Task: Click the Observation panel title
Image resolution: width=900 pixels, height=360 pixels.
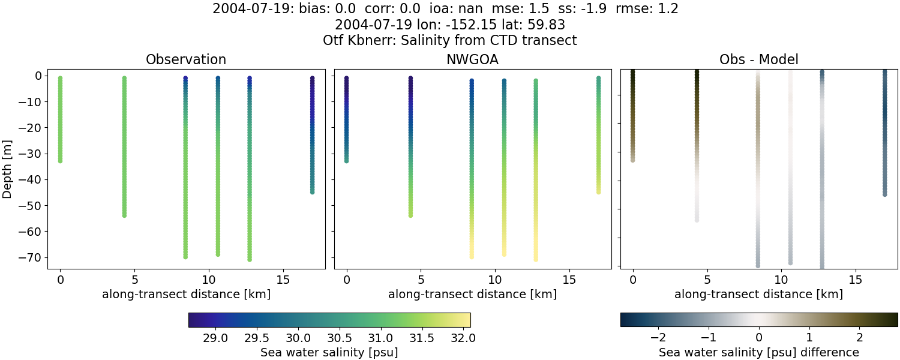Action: pos(186,59)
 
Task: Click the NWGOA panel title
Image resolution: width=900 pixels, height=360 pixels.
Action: pos(472,59)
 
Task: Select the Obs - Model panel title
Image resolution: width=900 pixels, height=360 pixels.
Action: pos(758,59)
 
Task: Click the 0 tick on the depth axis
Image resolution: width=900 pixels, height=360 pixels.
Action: pos(37,76)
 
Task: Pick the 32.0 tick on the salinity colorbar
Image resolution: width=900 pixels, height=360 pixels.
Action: pos(463,338)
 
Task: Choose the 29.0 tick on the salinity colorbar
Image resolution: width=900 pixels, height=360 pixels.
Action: pos(215,338)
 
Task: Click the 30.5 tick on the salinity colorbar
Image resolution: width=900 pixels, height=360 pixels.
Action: pos(339,338)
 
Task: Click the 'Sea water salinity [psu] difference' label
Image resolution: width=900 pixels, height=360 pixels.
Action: pos(758,352)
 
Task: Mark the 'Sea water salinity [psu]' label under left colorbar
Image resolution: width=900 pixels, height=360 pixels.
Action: pos(329,352)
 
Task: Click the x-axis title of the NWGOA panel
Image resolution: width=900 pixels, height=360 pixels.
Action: pos(472,295)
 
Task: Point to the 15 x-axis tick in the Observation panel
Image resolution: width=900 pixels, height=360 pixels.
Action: pos(283,280)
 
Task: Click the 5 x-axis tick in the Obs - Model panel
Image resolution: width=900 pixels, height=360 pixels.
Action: pos(707,280)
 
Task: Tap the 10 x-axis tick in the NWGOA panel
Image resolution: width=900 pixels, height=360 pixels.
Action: pos(495,280)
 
